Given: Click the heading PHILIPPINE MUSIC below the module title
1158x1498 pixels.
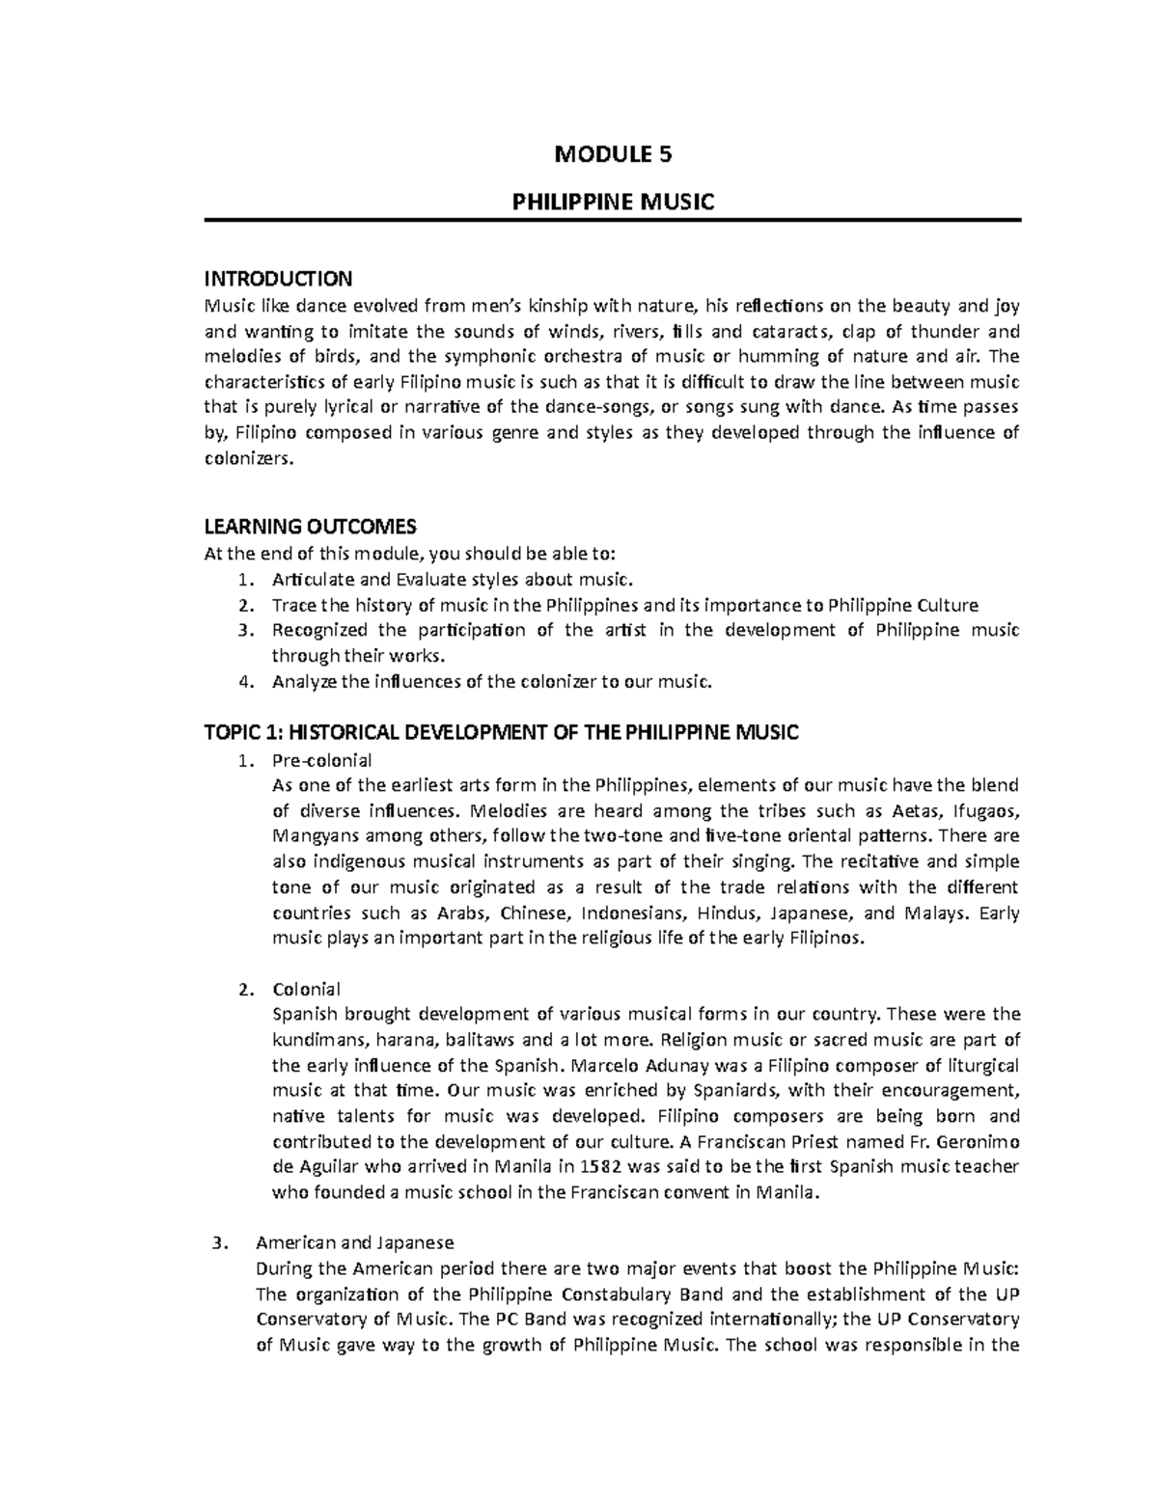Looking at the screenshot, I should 612,202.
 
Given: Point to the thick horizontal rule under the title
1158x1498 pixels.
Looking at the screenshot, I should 612,221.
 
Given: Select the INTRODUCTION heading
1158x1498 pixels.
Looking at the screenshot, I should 278,280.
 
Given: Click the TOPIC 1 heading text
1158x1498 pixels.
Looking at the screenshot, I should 502,733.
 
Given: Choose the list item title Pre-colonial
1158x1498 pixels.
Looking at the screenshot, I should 322,759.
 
